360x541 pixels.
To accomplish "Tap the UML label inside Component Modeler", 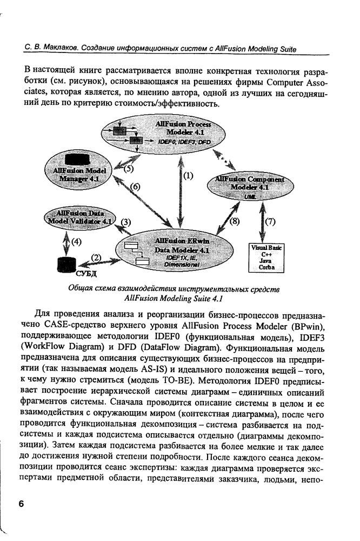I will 242,199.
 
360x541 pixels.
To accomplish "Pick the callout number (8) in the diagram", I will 234,221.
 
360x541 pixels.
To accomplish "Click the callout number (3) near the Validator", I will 125,222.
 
